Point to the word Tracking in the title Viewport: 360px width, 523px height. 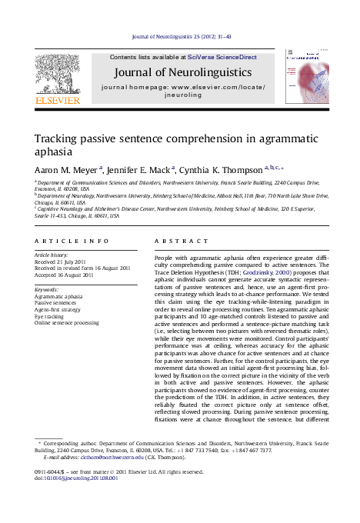(59, 139)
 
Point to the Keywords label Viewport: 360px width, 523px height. (47, 289)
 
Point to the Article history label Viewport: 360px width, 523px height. (51, 254)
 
